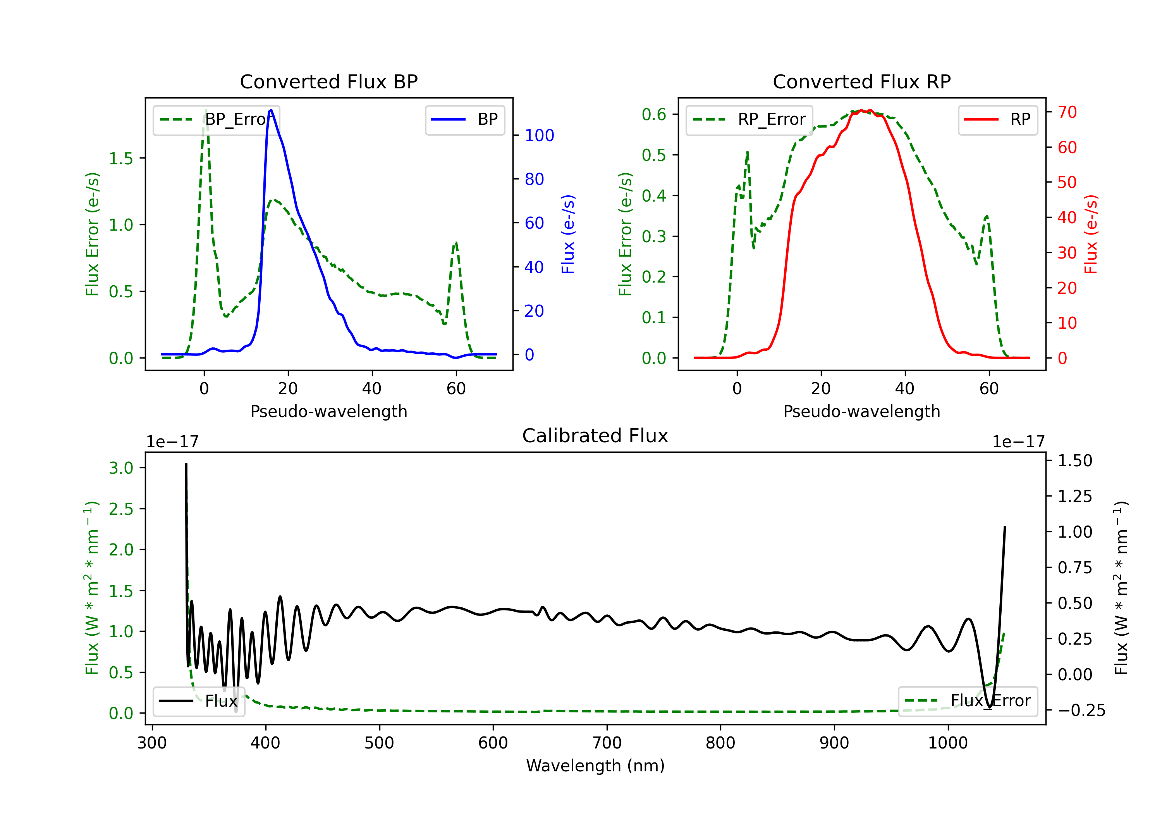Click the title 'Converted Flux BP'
click(328, 81)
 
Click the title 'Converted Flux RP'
click(861, 81)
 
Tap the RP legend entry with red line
click(997, 119)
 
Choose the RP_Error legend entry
click(749, 119)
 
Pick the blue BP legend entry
click(464, 119)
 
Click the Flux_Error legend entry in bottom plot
click(968, 701)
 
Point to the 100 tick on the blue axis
click(539, 135)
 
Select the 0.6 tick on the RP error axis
click(654, 114)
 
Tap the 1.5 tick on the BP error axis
click(121, 159)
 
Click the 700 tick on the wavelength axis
click(607, 743)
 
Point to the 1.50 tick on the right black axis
click(1075, 460)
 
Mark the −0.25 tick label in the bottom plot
click(1081, 710)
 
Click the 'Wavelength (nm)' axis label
click(595, 766)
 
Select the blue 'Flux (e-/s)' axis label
click(568, 234)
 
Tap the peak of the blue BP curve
click(271, 110)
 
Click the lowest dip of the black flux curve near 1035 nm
click(989, 707)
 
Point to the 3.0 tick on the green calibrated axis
click(121, 468)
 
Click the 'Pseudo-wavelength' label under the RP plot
click(861, 411)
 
